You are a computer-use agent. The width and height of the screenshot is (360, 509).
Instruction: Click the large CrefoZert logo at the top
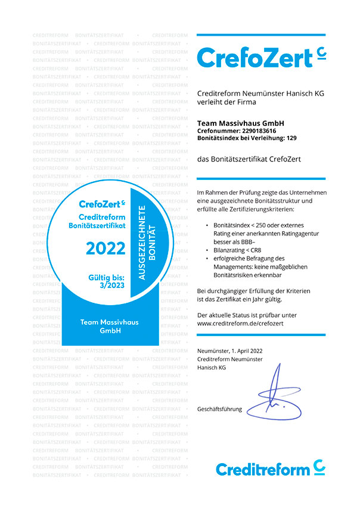261,57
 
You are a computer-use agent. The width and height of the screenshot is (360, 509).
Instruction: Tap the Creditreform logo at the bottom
270,468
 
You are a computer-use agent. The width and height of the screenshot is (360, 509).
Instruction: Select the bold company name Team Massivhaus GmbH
240,123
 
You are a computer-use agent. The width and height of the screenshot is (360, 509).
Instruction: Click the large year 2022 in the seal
105,249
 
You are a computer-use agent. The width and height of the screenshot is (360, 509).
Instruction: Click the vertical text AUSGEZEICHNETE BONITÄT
146,243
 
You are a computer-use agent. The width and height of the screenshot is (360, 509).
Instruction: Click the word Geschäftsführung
219,409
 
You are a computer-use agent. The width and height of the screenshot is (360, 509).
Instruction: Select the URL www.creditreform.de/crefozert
240,322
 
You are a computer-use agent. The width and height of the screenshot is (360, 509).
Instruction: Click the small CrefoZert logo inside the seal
102,204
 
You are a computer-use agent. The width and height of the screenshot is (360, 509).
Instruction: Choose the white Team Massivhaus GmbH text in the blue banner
109,326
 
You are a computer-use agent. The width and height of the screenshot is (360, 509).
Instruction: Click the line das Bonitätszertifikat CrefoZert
249,159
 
